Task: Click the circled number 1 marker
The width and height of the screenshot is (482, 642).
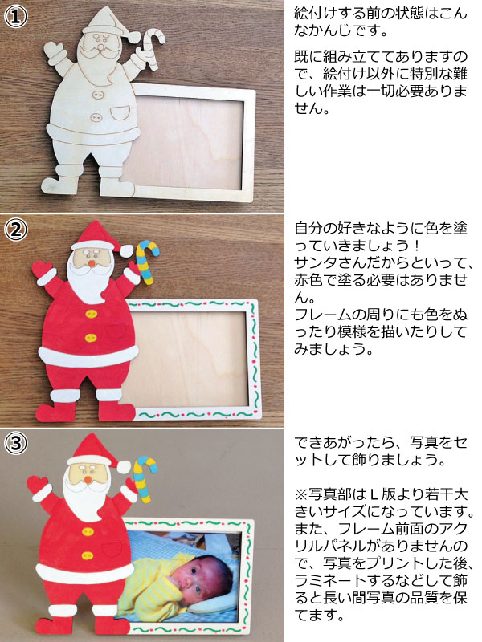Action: point(16,16)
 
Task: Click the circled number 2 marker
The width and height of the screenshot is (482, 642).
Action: point(16,230)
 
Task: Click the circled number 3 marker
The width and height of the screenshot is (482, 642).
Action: point(16,443)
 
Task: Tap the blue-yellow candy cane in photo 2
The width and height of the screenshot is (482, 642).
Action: point(147,262)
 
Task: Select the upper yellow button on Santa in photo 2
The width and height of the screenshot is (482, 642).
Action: point(92,315)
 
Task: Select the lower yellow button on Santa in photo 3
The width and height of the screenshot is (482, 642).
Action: point(88,555)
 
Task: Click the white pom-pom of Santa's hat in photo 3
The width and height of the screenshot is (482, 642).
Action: point(124,465)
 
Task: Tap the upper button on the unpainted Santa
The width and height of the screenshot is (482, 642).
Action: point(97,95)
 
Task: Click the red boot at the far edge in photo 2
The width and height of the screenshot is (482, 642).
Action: point(53,412)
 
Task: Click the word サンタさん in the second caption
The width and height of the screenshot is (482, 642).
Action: point(323,262)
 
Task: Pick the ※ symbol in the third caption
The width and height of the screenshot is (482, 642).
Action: point(300,495)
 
